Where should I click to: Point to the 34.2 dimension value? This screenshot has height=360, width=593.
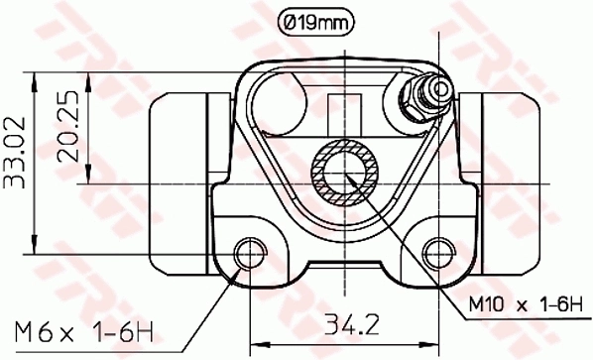pos(344,322)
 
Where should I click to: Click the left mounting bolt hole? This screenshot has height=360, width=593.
pos(248,249)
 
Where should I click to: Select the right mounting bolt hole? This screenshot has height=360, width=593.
pos(436,249)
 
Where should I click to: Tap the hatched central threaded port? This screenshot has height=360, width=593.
pos(344,170)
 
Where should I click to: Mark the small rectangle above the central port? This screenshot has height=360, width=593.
pos(344,110)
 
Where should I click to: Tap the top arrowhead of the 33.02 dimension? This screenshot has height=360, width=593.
pos(36,77)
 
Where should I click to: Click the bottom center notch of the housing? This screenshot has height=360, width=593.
pos(344,270)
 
